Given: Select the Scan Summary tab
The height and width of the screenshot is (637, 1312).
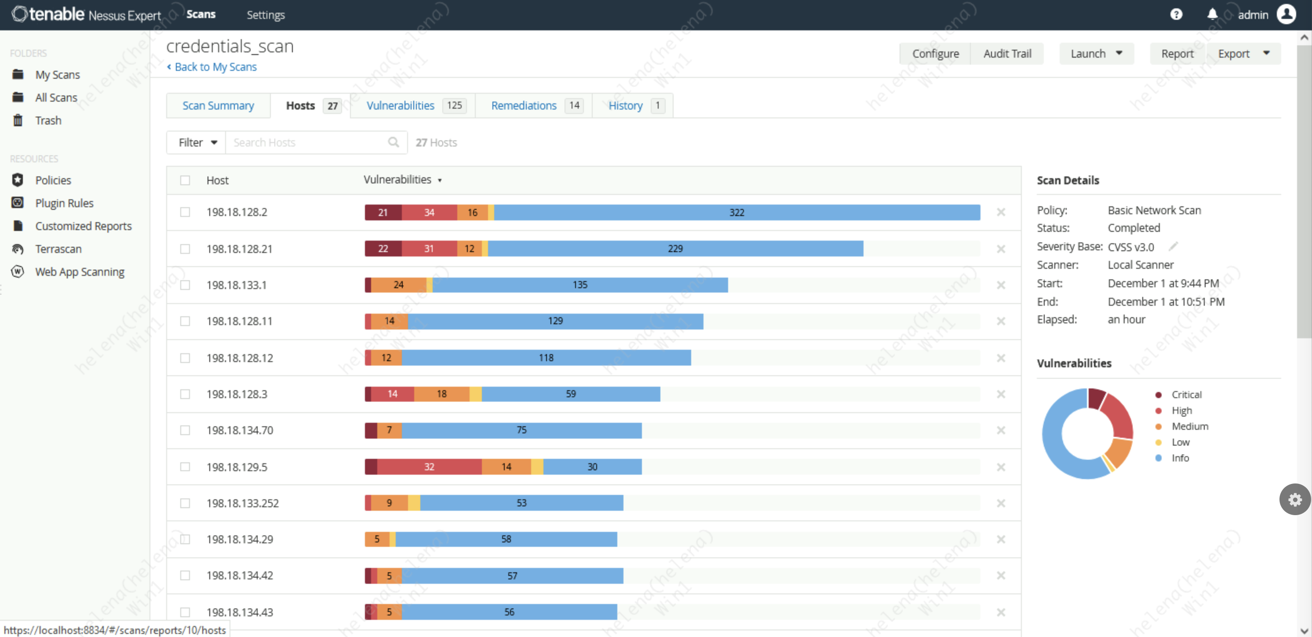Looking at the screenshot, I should click(x=218, y=106).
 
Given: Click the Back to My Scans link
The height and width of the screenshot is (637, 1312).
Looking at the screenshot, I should click(x=215, y=67).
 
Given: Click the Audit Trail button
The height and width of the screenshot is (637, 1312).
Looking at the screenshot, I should click(x=1006, y=54).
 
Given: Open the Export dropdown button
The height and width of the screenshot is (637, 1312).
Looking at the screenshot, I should click(x=1243, y=54).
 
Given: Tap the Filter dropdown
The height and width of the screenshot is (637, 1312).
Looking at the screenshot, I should click(x=197, y=143).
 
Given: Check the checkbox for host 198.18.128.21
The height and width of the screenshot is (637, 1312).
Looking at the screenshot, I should click(x=185, y=249).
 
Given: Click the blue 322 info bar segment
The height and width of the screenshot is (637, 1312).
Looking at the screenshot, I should click(x=736, y=212).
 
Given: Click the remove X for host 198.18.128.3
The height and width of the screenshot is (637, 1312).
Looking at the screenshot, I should click(x=1000, y=394).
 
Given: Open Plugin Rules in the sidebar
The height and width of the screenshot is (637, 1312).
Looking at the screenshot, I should click(x=64, y=203).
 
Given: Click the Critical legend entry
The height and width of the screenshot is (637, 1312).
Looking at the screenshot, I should click(x=1186, y=395).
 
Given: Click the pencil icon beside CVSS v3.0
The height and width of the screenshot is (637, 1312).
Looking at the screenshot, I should click(x=1173, y=247).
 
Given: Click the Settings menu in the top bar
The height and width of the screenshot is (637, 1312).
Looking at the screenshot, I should click(x=266, y=15).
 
